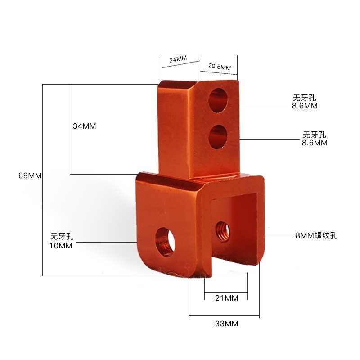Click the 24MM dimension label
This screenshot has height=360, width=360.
coord(178,60)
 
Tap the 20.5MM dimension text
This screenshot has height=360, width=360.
coord(219,67)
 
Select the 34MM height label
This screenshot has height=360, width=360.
coord(85,126)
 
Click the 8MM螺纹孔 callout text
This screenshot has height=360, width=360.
coord(316,235)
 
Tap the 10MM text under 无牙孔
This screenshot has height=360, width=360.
coord(61,245)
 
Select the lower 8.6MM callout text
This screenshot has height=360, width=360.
coord(315,143)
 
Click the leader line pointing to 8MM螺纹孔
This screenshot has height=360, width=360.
coord(279,235)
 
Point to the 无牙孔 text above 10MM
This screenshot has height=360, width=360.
coord(62,236)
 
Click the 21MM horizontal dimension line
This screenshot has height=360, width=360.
coord(226,291)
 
